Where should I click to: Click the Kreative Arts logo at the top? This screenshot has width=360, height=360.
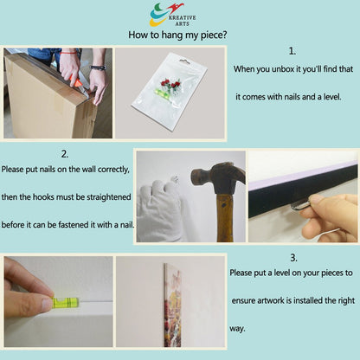[x=172, y=15]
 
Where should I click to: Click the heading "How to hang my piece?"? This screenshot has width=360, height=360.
[x=177, y=35]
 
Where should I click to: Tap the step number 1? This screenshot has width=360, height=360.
[x=292, y=51]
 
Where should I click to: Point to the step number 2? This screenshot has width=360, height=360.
[x=65, y=154]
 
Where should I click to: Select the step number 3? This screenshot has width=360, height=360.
[x=293, y=258]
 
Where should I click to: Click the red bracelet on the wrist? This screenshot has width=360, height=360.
[x=68, y=53]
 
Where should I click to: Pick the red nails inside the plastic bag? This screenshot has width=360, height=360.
[x=170, y=84]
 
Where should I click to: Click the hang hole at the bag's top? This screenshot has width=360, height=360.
[x=184, y=61]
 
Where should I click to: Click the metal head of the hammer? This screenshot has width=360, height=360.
[x=218, y=177]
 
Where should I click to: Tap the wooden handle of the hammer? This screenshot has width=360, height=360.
[x=225, y=218]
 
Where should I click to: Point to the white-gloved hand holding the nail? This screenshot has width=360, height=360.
[x=159, y=210]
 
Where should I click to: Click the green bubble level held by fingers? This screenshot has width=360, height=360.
[x=65, y=302]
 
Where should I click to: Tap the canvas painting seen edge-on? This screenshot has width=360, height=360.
[x=172, y=305]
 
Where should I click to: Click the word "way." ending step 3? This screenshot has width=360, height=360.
[x=237, y=329]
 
